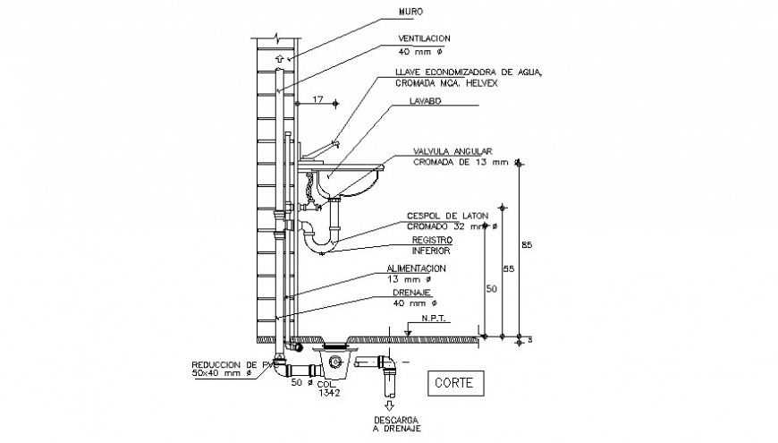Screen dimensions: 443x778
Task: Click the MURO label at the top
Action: tap(410, 13)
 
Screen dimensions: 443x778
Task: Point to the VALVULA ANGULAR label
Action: tap(452, 151)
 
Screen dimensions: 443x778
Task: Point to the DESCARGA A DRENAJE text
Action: tap(395, 424)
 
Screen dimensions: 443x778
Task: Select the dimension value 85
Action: tap(527, 245)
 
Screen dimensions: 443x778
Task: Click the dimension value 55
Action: tap(508, 268)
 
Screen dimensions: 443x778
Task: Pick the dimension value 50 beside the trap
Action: tap(491, 289)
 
